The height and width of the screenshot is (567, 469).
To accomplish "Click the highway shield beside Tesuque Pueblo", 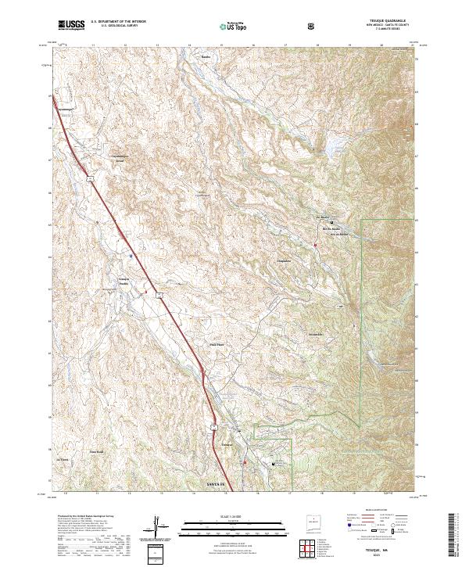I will coord(158,295).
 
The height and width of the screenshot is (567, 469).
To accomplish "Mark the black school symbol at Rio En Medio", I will coord(321,221).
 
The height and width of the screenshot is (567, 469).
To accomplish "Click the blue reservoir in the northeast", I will coord(334,145).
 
